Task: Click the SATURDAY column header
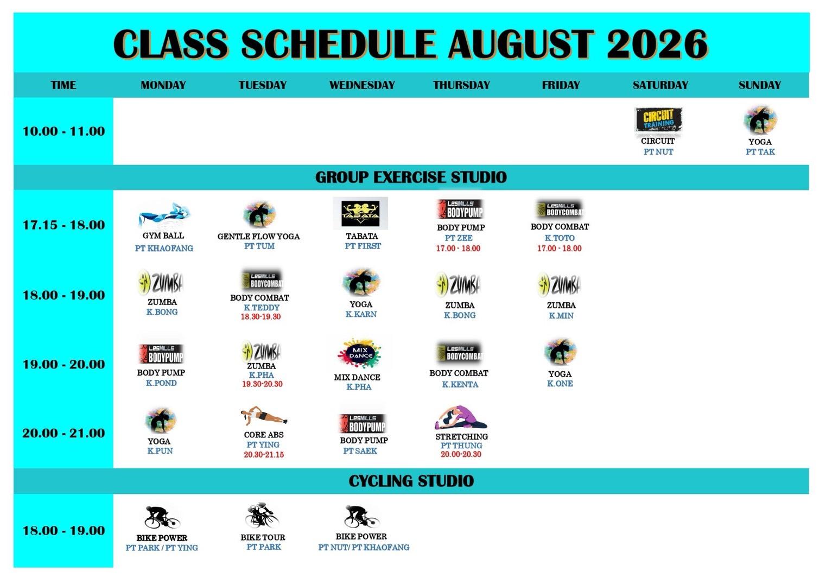(x=660, y=85)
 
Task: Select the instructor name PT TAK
(x=760, y=152)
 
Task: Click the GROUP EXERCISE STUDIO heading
(x=411, y=177)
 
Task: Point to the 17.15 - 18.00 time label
(x=63, y=225)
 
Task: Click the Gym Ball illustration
(x=164, y=215)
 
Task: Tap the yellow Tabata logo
(x=360, y=213)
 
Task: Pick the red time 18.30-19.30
(x=260, y=317)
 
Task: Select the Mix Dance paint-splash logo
(x=359, y=353)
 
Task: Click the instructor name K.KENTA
(x=460, y=385)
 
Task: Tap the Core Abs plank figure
(x=264, y=416)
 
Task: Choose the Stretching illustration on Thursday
(x=461, y=418)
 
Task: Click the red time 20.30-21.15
(x=264, y=455)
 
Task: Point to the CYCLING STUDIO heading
(x=411, y=481)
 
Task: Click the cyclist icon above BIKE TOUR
(x=262, y=516)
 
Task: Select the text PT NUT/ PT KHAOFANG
(x=364, y=548)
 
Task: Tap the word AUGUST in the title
(x=522, y=45)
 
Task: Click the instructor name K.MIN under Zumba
(x=561, y=316)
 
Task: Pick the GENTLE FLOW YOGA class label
(x=258, y=237)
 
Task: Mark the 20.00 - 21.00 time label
(x=63, y=433)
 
